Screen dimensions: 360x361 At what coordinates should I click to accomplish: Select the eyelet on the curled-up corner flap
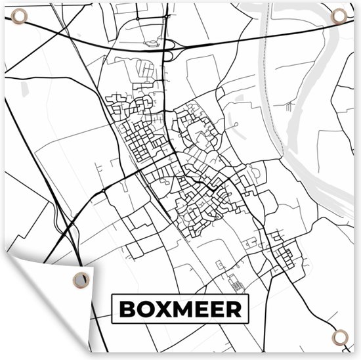point(80,280)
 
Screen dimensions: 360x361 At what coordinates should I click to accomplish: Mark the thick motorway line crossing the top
point(263,36)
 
